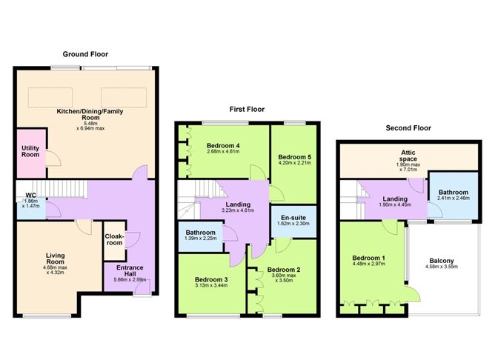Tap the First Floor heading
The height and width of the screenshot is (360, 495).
pos(247,109)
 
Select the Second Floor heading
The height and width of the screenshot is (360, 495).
pos(408,127)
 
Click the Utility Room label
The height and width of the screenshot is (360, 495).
pos(30,152)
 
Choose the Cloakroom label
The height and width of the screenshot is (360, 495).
pos(114,238)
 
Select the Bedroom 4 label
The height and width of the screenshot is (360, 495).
pos(222,146)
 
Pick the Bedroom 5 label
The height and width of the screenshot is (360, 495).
pos(295,157)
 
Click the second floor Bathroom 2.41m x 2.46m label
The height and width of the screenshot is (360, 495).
pos(452,193)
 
